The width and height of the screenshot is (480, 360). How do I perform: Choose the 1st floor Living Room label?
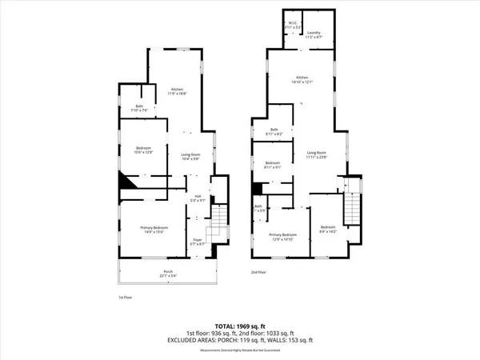pos(190,156)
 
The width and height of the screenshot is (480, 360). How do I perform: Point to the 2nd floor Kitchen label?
pos(300,79)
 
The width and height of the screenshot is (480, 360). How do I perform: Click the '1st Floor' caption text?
pos(114,297)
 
